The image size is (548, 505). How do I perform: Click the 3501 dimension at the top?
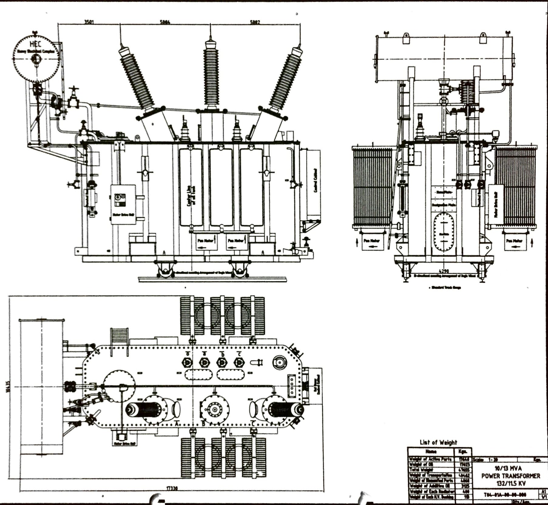(x=89, y=22)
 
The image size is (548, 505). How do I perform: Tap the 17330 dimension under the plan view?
(x=172, y=488)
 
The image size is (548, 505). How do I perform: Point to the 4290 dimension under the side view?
(x=444, y=271)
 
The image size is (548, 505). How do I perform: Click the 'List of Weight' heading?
(x=438, y=442)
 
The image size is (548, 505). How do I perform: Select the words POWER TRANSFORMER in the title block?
(x=511, y=476)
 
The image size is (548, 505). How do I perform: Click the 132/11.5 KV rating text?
(x=511, y=483)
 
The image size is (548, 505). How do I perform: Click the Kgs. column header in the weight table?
(x=463, y=452)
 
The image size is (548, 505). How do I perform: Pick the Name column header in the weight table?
(x=431, y=452)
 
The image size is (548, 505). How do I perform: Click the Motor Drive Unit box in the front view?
(x=123, y=204)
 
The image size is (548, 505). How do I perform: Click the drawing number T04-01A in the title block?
(x=505, y=495)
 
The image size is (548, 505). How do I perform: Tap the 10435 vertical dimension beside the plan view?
(x=8, y=386)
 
